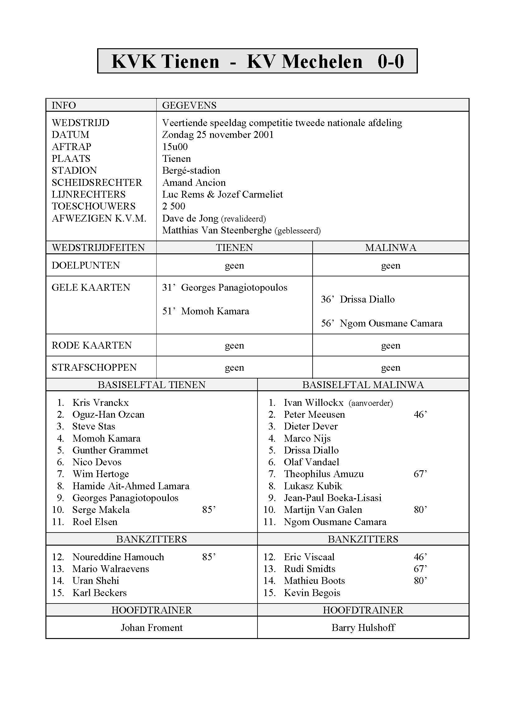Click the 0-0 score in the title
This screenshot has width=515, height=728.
[390, 62]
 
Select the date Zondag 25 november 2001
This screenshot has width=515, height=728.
[218, 135]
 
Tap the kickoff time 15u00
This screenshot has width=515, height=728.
[175, 147]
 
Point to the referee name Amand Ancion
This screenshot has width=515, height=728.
[194, 183]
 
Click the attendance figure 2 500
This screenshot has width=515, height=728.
[173, 206]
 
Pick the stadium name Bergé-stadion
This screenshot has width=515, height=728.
[191, 171]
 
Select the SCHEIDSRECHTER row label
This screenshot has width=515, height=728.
[97, 183]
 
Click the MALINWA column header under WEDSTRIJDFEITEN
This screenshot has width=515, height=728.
[390, 248]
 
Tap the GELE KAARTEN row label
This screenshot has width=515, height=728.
[91, 288]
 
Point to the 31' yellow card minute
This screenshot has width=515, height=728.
[168, 288]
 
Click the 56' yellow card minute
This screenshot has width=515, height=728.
[327, 323]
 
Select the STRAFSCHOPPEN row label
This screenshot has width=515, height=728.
[94, 368]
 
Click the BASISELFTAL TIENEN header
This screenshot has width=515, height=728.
[152, 385]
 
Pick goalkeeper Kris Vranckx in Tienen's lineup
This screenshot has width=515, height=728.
[101, 403]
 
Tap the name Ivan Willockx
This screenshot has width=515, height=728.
[313, 403]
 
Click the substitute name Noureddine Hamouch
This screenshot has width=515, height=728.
[118, 557]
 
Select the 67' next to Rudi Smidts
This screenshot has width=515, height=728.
[420, 569]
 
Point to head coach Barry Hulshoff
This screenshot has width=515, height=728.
[363, 628]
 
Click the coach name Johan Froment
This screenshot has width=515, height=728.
[152, 628]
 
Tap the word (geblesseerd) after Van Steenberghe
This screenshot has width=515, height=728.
[297, 231]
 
